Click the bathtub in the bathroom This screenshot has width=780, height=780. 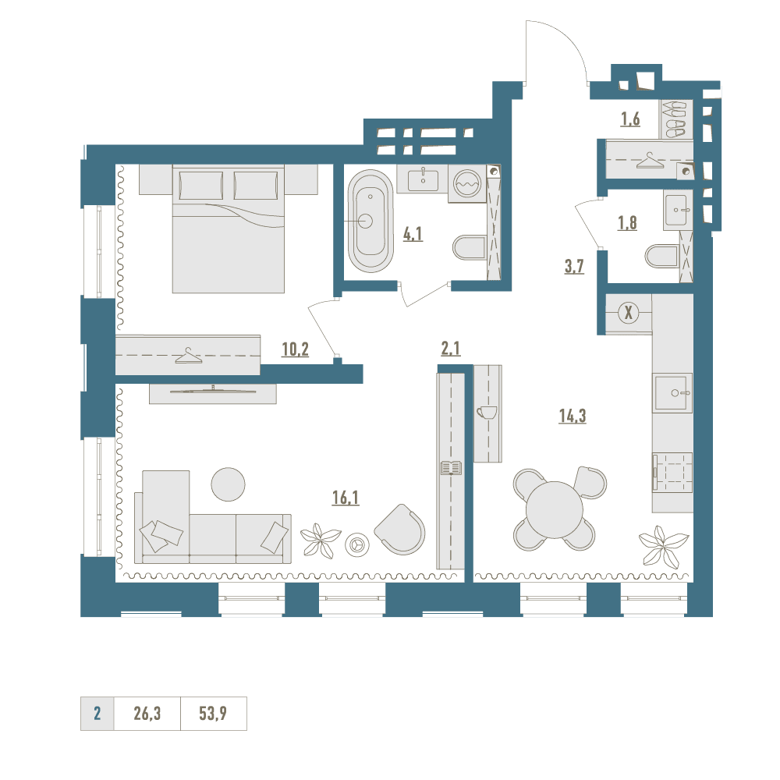pyautogui.click(x=370, y=221)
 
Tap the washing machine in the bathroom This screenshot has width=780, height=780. pyautogui.click(x=467, y=183)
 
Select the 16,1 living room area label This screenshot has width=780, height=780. pyautogui.click(x=346, y=498)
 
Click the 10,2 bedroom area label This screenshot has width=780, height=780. pyautogui.click(x=295, y=349)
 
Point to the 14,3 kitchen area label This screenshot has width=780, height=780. pyautogui.click(x=573, y=416)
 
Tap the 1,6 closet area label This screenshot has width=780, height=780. pyautogui.click(x=630, y=119)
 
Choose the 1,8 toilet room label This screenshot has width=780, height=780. pyautogui.click(x=627, y=223)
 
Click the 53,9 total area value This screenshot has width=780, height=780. pyautogui.click(x=213, y=714)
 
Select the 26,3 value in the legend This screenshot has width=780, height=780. pyautogui.click(x=147, y=714)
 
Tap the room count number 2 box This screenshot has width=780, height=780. pyautogui.click(x=97, y=714)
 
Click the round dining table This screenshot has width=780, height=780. pyautogui.click(x=555, y=510)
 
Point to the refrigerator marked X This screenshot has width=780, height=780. pyautogui.click(x=629, y=314)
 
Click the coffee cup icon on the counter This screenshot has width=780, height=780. pyautogui.click(x=487, y=413)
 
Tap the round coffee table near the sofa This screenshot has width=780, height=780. pyautogui.click(x=228, y=484)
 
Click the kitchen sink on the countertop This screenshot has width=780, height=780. pyautogui.click(x=673, y=393)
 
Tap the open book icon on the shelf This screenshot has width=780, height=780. pyautogui.click(x=451, y=468)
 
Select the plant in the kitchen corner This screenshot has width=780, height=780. pyautogui.click(x=663, y=546)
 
